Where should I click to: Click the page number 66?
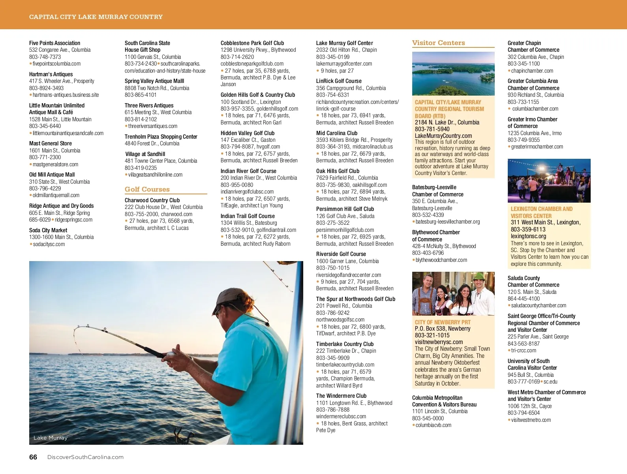33,457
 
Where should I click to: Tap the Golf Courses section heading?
147,189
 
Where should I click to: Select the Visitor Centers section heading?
439,43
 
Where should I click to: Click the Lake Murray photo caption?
51,438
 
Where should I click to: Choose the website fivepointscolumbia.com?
56,64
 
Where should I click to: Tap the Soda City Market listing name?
48,230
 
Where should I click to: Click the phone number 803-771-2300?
45,157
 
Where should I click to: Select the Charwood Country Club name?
152,200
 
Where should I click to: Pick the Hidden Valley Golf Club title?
248,133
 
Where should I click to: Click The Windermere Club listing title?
341,396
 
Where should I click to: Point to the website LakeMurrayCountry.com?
443,135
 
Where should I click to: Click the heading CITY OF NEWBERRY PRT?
443,322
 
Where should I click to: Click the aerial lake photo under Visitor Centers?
453,74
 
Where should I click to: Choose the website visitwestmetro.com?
531,420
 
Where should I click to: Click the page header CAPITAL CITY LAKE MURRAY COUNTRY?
96,17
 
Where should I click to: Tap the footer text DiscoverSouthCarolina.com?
85,457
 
